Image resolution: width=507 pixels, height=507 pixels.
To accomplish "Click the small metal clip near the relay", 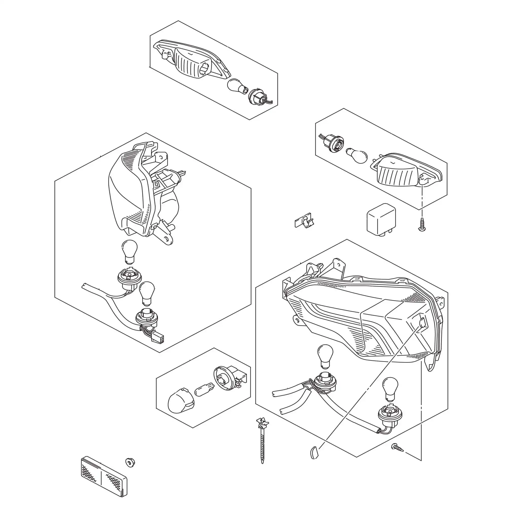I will click(304, 221).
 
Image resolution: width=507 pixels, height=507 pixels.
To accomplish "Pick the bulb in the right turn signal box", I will click(356, 156).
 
